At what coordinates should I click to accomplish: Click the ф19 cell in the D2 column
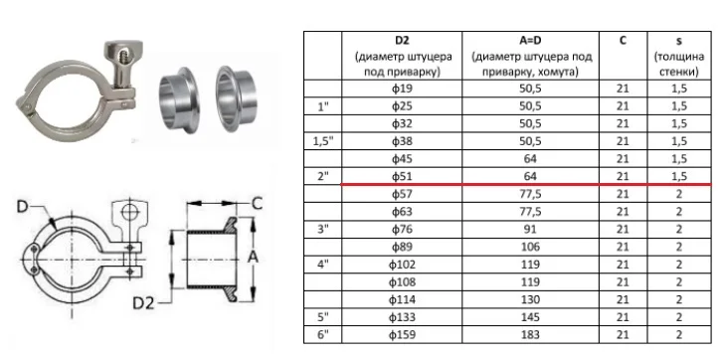click(402, 89)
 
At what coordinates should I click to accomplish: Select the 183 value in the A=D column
click(530, 334)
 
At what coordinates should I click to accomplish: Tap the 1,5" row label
click(323, 141)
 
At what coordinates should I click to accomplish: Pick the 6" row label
click(323, 334)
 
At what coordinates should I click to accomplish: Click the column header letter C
click(623, 41)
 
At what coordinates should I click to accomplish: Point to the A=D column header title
click(530, 41)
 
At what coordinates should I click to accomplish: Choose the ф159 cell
click(402, 334)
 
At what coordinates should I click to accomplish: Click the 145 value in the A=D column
click(530, 317)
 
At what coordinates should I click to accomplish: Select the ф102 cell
click(402, 265)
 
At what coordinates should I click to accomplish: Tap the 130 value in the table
click(530, 299)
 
